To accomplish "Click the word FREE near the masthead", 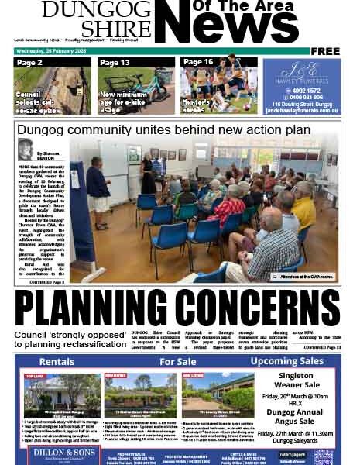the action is pos(325,51).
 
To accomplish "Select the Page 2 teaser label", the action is pos(30,62).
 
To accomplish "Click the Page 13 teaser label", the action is pos(115,62).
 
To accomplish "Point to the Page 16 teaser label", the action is pos(198,62).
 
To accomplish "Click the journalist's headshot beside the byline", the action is pos(26,149).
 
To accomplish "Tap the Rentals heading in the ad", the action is pos(57,362).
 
